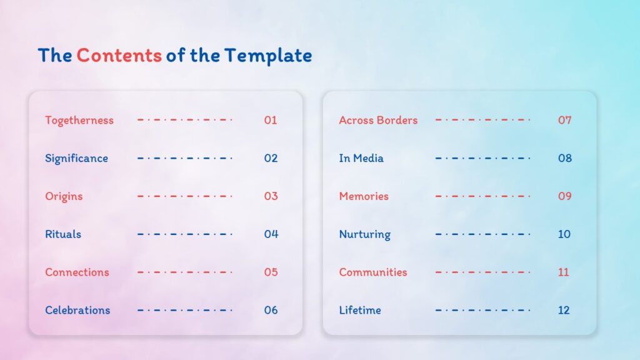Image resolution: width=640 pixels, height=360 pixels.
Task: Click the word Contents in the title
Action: (119, 56)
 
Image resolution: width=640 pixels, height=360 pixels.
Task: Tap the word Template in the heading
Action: (268, 56)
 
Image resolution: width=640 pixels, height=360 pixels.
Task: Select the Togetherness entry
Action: (79, 120)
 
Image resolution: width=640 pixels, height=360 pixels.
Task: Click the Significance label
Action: (76, 158)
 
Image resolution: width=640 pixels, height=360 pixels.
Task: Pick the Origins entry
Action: (64, 196)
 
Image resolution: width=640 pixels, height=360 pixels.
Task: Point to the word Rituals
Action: (63, 234)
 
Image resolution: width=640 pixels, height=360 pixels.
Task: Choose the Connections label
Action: (77, 272)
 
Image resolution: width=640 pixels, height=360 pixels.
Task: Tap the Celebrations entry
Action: (77, 310)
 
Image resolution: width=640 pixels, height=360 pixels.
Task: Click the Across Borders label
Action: (378, 120)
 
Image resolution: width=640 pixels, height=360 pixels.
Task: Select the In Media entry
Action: (361, 158)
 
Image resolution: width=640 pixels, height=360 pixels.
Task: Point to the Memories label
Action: (364, 196)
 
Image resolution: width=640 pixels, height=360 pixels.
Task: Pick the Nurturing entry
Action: (364, 234)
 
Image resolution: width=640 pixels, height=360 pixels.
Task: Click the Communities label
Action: (373, 272)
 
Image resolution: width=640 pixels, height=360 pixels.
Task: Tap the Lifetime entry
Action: (360, 310)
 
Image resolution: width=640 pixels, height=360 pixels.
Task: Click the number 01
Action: (270, 120)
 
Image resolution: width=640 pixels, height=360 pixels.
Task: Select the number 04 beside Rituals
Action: (271, 234)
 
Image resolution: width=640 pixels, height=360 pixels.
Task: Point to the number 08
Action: (565, 158)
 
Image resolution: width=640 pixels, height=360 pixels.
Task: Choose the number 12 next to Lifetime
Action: (564, 310)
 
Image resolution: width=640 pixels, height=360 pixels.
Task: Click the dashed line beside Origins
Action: (185, 196)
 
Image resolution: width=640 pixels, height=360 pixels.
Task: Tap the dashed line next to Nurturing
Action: (482, 234)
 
